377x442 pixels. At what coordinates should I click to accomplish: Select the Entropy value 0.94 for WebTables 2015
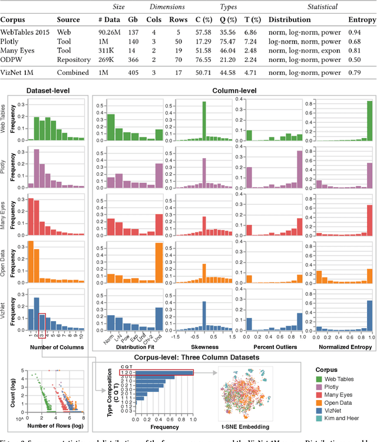[359, 30]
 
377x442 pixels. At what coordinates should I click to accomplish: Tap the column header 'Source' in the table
[68, 19]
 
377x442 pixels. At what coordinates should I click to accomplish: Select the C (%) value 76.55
[203, 60]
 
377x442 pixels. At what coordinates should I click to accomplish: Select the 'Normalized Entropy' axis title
[339, 347]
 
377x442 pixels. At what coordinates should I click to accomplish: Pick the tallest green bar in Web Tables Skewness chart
[204, 121]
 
